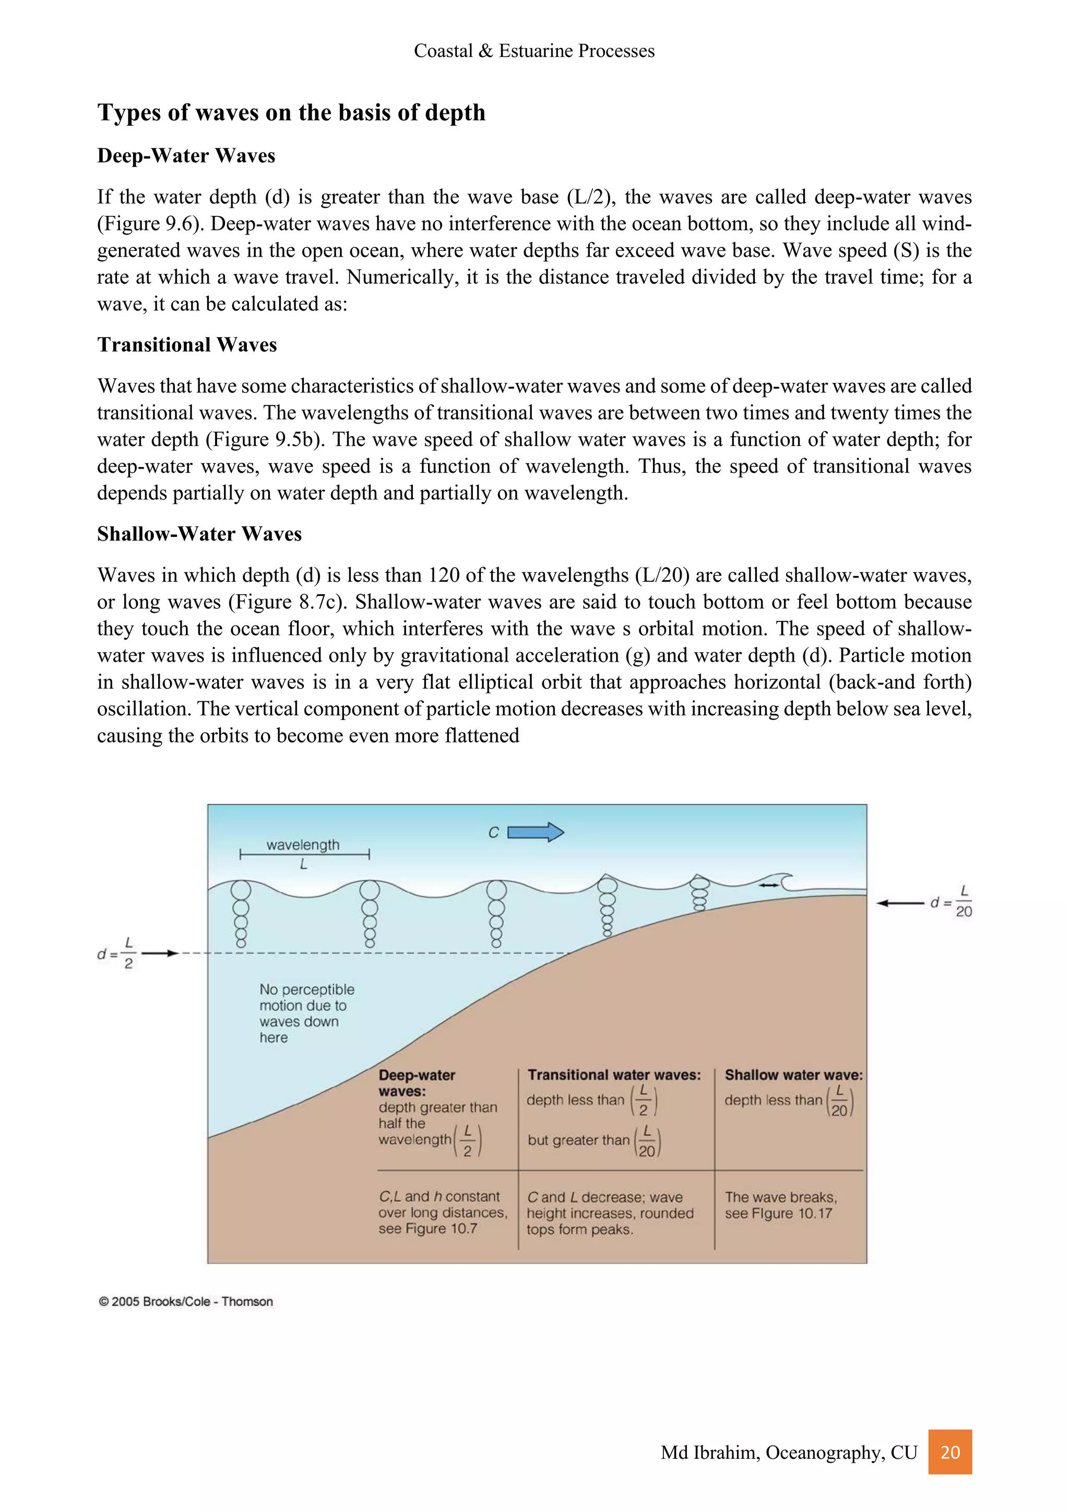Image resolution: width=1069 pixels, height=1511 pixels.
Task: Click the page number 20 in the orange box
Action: [x=950, y=1452]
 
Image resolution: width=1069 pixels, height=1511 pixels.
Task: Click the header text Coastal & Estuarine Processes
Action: [x=534, y=51]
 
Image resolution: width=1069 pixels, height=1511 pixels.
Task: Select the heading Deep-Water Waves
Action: [x=186, y=156]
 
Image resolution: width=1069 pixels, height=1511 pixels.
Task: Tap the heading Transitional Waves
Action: [x=187, y=345]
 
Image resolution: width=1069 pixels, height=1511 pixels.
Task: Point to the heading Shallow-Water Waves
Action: [x=199, y=534]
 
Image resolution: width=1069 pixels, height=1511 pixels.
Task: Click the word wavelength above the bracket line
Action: [x=303, y=845]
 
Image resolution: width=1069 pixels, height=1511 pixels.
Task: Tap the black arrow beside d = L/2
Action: [x=160, y=953]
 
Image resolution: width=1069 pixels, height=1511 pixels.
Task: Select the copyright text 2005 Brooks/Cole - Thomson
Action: [x=186, y=1301]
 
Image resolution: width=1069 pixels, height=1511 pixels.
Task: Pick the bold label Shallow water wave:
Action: [x=793, y=1075]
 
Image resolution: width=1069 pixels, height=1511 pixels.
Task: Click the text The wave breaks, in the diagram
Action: [x=781, y=1197]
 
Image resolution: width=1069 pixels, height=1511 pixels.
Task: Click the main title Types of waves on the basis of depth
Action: [x=291, y=113]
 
